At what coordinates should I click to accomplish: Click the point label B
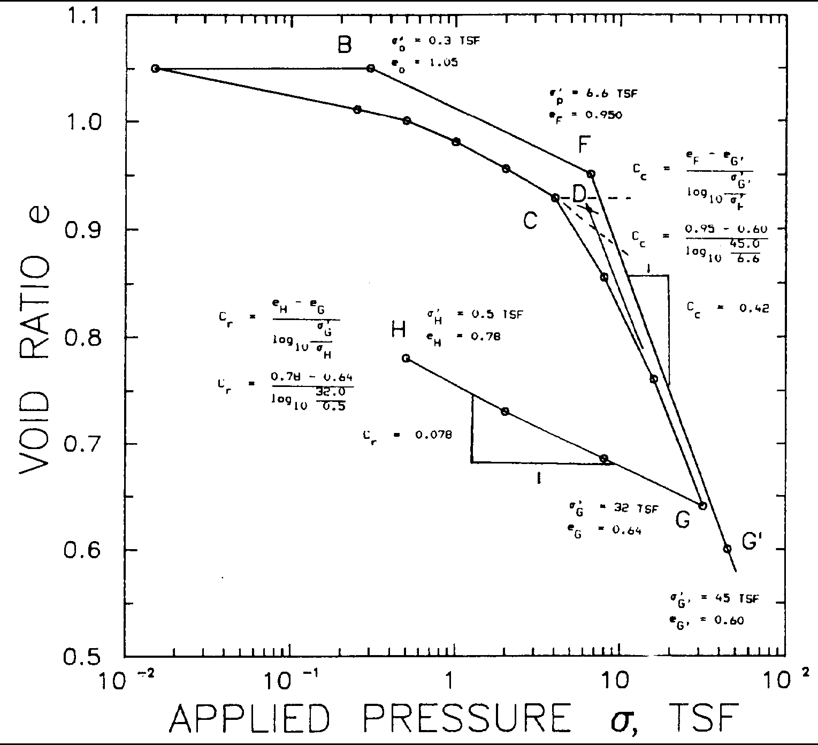(x=345, y=45)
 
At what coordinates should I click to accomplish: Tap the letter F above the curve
(x=584, y=145)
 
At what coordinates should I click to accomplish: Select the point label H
(x=398, y=330)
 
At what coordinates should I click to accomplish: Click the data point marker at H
(x=406, y=358)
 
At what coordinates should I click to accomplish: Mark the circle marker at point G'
(x=727, y=549)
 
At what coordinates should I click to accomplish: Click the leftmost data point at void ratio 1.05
(x=155, y=68)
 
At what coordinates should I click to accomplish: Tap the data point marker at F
(x=591, y=174)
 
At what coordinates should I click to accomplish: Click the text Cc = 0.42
(x=727, y=309)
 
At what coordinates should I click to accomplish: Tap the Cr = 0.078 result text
(x=407, y=436)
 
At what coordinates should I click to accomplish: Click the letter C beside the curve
(x=530, y=219)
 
